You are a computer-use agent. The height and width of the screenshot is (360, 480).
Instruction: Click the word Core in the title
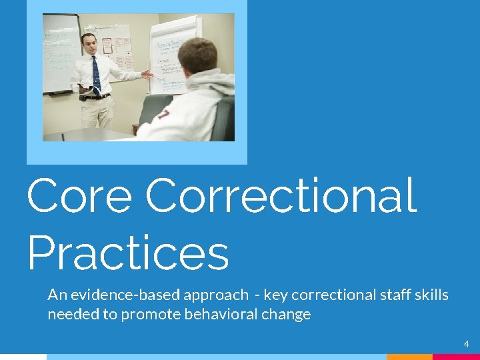pos(79,196)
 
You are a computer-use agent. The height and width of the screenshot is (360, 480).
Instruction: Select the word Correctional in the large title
pos(281,196)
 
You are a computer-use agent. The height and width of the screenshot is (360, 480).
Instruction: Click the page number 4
pos(467,344)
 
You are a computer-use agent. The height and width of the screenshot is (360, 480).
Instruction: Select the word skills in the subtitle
pos(430,295)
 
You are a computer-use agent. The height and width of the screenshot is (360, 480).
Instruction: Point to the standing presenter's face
pos(90,44)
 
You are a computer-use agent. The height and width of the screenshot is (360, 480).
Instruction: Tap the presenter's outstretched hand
pos(147,75)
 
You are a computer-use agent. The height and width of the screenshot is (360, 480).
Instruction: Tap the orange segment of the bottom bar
pos(409,357)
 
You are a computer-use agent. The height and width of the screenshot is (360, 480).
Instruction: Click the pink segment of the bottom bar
pos(456,357)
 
